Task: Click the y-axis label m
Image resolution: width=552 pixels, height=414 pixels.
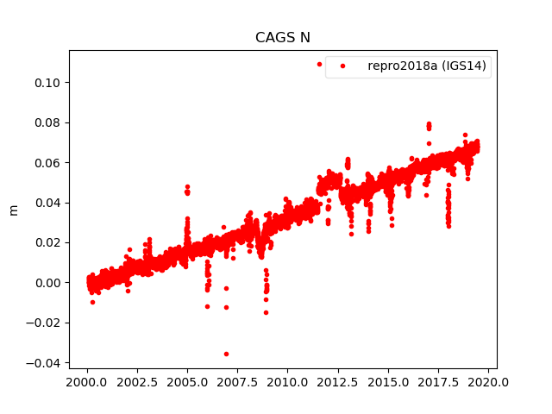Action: click(x=13, y=210)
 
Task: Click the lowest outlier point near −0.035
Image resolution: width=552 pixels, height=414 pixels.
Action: click(x=226, y=354)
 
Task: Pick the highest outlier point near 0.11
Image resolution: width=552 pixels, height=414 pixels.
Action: click(x=319, y=64)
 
